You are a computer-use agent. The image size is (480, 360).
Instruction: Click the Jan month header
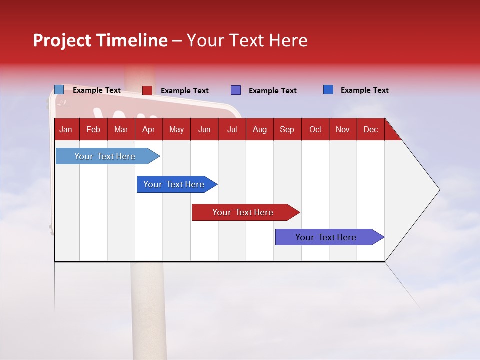coord(66,129)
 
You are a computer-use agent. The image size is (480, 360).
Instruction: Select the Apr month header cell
coord(148,129)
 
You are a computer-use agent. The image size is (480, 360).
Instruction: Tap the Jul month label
coord(232,129)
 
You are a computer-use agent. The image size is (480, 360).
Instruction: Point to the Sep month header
coord(287,129)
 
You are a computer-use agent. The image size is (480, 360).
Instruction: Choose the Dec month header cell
coord(370,129)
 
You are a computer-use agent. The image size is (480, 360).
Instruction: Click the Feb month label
coord(93,129)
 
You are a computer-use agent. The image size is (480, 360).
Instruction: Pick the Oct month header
coord(315,129)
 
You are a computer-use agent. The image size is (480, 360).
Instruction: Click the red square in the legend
coord(147,90)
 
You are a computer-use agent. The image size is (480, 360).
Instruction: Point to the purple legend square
coord(236,90)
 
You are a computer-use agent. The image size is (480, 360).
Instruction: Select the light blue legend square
coord(59,90)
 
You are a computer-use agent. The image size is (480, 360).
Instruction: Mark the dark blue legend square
coord(328,90)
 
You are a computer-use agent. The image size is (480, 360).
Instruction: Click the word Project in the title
coord(61,40)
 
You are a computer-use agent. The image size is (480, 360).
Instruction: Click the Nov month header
coord(343,129)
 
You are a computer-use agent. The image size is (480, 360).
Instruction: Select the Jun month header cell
coord(204,129)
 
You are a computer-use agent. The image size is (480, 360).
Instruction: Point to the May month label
coord(176,129)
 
